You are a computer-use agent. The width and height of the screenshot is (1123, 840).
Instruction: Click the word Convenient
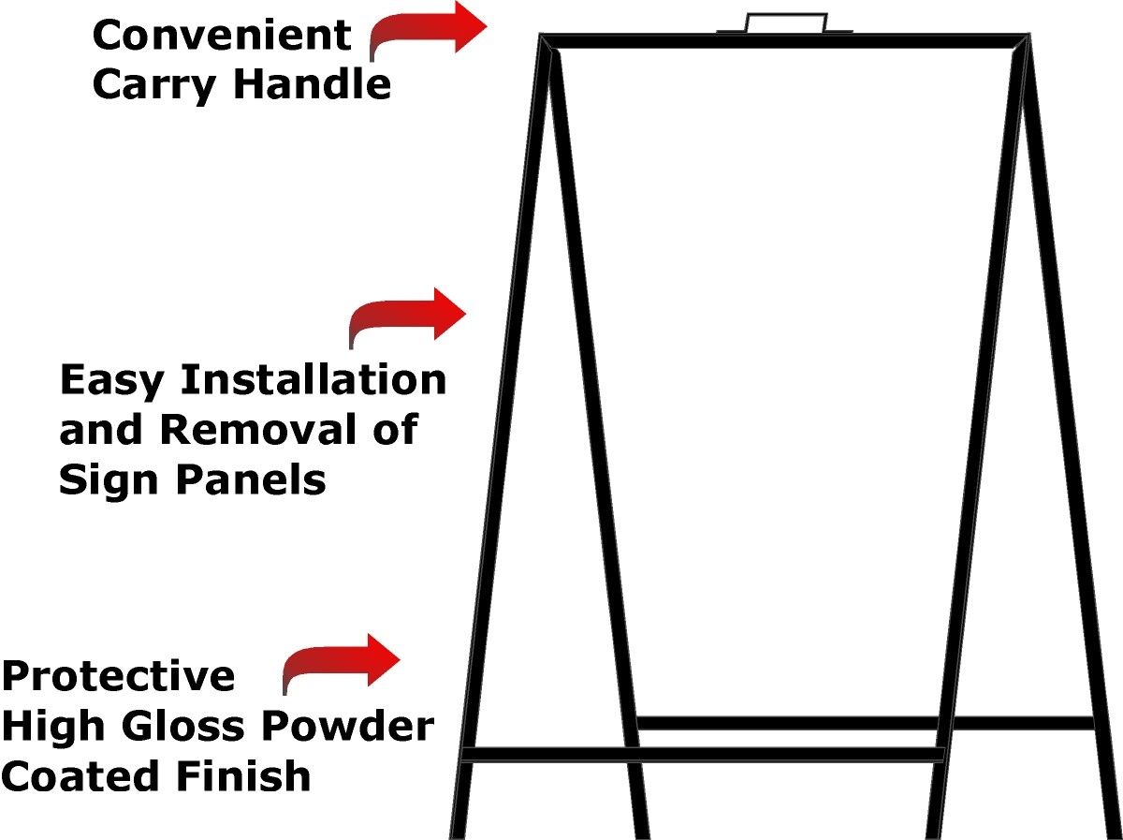[222, 36]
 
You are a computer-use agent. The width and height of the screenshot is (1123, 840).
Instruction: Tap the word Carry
[154, 86]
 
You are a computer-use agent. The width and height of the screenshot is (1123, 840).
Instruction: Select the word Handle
[312, 83]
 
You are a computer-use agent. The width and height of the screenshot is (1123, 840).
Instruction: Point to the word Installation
[314, 379]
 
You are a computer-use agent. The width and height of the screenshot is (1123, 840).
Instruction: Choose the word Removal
[259, 429]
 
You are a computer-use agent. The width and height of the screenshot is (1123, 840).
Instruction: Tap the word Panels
[251, 479]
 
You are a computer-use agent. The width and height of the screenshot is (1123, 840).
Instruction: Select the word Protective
[118, 676]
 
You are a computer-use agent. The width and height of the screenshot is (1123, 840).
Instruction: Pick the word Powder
[347, 726]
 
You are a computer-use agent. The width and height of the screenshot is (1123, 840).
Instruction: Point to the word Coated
[80, 776]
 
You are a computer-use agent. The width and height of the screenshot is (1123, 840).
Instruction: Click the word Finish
[243, 775]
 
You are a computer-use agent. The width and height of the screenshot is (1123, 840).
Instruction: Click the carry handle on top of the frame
[786, 14]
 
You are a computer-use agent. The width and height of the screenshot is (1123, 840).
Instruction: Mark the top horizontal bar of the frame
[785, 41]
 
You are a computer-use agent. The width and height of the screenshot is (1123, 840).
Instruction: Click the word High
[53, 729]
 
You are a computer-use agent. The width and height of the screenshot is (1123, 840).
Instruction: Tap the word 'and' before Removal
[101, 429]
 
